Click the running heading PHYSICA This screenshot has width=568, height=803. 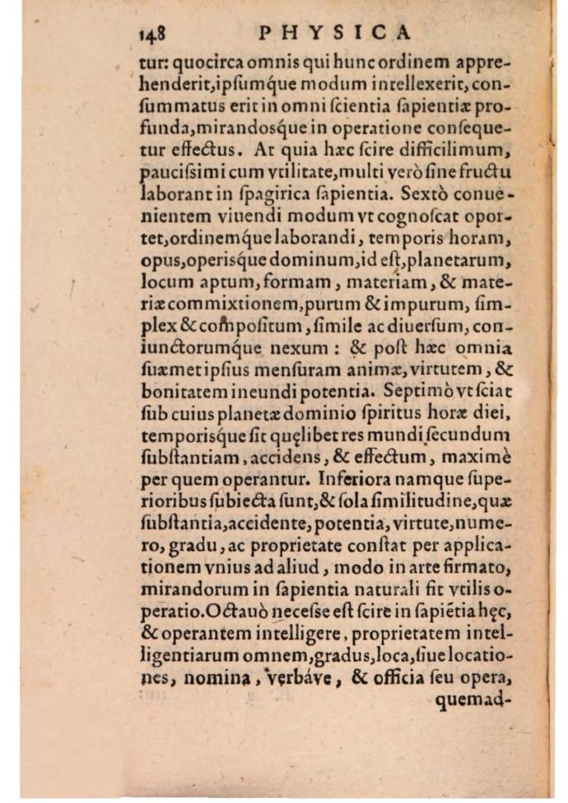334,33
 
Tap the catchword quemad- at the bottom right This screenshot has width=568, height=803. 478,702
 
